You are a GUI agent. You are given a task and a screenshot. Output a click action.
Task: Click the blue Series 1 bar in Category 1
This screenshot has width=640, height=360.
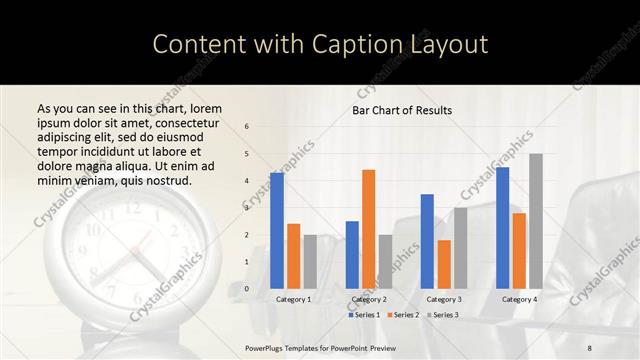[x=277, y=231]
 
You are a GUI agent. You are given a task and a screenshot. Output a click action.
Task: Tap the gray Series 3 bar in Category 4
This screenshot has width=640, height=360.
[x=536, y=221]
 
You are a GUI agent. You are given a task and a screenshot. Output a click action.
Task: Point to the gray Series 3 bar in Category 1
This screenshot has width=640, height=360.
[x=310, y=262]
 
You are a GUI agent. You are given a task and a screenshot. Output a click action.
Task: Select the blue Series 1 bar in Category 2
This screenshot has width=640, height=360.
[x=352, y=255]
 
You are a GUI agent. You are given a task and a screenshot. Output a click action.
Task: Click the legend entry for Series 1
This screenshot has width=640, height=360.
[x=365, y=315]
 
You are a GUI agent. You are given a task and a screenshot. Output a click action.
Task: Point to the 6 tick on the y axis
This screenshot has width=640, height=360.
[x=247, y=127]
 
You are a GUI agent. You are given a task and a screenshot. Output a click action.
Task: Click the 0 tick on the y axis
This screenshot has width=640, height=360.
[x=247, y=289]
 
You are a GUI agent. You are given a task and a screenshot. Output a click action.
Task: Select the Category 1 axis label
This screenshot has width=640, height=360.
[x=294, y=299]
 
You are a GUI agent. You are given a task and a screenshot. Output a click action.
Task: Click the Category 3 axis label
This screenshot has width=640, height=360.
[x=444, y=299]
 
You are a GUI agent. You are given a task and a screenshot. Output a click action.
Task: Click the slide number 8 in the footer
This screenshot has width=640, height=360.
[x=590, y=346]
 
